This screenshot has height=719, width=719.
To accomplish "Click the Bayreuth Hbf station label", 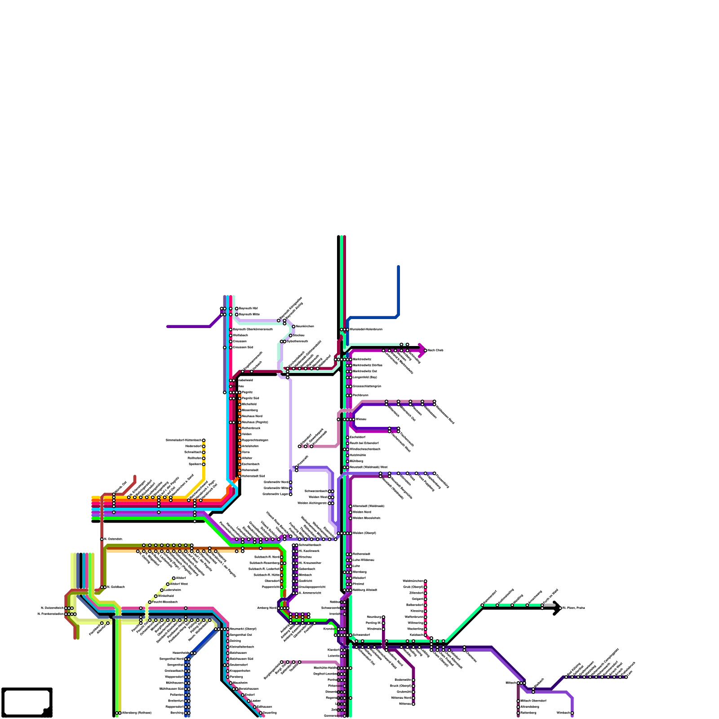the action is tap(248, 309).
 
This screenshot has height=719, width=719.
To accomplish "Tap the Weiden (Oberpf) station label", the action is tap(364, 533).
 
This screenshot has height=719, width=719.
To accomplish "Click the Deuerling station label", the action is tap(270, 713).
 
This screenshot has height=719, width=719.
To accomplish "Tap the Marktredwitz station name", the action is tap(362, 359).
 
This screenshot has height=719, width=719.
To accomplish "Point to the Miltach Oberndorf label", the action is tap(533, 701).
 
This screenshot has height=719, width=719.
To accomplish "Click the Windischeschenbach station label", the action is tap(364, 449).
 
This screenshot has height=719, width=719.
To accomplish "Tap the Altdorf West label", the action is tap(179, 584).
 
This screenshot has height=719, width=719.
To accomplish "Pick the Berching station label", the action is tap(177, 713).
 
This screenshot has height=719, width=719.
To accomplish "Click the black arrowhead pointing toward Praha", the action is tap(557, 608).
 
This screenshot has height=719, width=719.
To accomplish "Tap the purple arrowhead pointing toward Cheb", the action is tap(422, 350).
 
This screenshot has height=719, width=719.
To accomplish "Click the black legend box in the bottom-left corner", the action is tap(27, 702).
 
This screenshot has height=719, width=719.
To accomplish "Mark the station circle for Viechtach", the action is tap(572, 713).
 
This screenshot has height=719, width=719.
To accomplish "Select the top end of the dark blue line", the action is tap(398, 267).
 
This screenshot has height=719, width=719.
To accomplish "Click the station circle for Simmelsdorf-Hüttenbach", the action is tap(204, 440).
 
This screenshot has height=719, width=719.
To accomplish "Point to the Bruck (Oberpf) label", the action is tap(400, 686).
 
